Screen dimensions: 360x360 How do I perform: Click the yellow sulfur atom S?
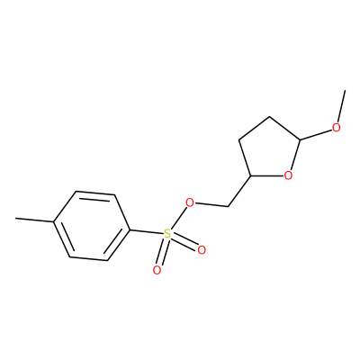tap(167, 234)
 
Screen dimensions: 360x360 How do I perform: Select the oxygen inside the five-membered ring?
tap(288, 175)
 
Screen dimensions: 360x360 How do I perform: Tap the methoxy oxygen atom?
tap(337, 128)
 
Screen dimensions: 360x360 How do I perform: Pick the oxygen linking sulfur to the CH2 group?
tap(189, 203)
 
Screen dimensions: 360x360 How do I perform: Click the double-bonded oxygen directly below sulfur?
tap(157, 270)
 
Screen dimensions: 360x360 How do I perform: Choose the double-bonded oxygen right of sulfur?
tap(202, 250)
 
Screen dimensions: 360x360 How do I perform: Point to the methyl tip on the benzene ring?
tap(16, 218)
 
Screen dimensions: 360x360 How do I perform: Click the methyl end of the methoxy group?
tap(346, 90)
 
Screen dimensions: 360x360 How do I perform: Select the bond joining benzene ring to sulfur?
tap(146, 232)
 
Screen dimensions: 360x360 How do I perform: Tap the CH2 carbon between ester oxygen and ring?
tap(228, 206)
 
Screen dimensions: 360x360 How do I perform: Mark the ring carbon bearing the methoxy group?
tap(300, 139)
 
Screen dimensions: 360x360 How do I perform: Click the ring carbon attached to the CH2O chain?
tap(250, 175)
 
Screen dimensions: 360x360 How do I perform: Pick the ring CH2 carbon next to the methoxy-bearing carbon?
tap(270, 116)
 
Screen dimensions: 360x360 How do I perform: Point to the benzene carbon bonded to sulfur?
tap(130, 230)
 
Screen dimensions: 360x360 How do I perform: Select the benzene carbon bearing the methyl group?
tap(54, 221)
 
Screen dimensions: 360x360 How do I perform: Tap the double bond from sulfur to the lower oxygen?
tap(162, 252)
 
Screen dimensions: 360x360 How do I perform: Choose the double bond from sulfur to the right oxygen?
tap(184, 242)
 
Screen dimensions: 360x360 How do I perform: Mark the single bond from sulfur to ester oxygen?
tap(178, 219)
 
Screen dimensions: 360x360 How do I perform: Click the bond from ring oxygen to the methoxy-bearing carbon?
tap(294, 157)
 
